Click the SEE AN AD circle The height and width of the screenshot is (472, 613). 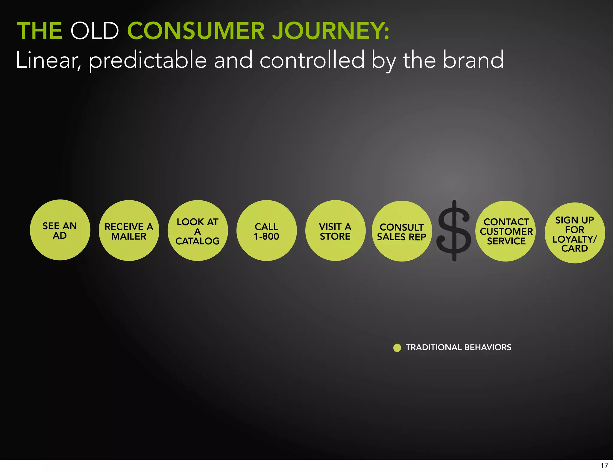pos(60,230)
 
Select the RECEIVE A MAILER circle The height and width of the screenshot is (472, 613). pos(129,231)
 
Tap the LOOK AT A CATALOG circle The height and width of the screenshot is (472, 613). pos(198,231)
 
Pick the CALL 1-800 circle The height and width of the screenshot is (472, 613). pos(266,231)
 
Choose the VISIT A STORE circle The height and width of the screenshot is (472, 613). pos(335,231)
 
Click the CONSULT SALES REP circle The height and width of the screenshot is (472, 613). pos(402,231)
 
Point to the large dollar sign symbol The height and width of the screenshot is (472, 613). pos(454,231)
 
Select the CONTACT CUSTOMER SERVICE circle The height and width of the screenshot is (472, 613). pos(506,231)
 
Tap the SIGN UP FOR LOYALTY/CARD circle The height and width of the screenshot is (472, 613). pos(575,233)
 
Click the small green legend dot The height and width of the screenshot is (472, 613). pos(397,348)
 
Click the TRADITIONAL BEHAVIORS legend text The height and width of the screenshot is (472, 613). pos(458,347)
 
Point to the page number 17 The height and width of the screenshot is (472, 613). pos(604,465)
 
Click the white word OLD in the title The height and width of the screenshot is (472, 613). pos(95,31)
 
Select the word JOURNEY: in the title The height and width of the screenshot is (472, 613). pos(331,31)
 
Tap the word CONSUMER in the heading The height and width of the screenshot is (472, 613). pos(196,31)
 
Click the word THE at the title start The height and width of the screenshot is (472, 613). pos(40,31)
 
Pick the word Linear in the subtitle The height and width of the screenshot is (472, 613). pos(48,60)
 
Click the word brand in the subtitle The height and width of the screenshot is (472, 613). pos(473,60)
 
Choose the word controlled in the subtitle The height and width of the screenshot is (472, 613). pos(312,60)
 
